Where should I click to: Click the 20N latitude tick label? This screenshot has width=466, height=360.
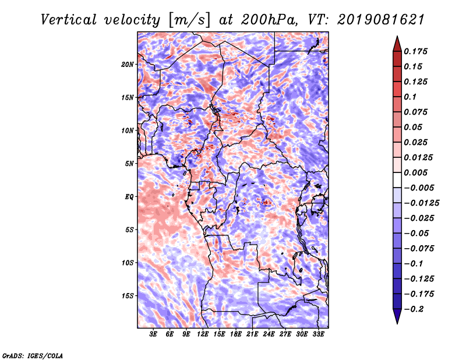tap(128, 65)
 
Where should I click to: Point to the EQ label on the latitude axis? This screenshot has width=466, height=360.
tap(129, 197)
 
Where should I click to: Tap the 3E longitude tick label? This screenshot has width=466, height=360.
tap(153, 334)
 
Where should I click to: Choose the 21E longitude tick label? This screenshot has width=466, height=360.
tap(252, 334)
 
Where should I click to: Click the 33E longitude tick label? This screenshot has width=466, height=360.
tap(318, 334)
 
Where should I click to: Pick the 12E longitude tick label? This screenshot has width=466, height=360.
tap(202, 334)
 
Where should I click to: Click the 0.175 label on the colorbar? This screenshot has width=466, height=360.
tap(415, 51)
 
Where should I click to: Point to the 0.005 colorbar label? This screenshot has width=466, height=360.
tap(415, 172)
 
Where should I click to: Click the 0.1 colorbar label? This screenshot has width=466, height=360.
tap(410, 97)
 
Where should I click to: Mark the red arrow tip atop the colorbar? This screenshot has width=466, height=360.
tap(397, 36)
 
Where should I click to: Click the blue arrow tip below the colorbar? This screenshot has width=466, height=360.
tap(397, 323)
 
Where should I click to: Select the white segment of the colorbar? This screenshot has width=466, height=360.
tap(397, 180)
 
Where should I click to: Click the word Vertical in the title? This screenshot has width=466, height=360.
tap(69, 20)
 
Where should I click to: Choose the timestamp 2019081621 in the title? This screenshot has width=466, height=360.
tap(381, 20)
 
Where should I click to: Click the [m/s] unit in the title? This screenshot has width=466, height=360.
tap(189, 20)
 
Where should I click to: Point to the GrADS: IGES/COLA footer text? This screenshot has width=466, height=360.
tap(33, 356)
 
